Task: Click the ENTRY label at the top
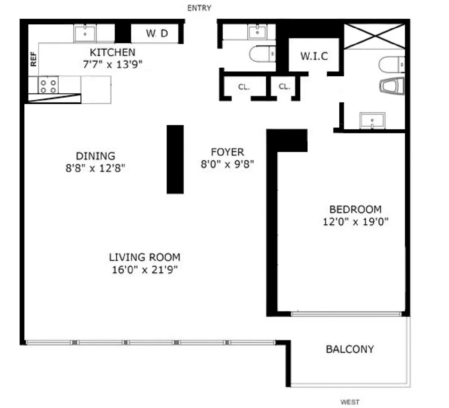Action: [199, 8]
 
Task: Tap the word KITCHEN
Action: [112, 52]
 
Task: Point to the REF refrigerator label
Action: [34, 59]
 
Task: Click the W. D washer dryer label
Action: [157, 34]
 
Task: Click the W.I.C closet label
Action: [314, 56]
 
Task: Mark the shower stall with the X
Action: [374, 36]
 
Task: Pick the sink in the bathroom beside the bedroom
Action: [372, 120]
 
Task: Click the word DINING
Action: [95, 156]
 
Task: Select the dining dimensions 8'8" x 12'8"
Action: [95, 168]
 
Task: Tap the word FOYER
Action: [227, 152]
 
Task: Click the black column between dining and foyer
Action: [175, 159]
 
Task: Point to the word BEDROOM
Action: [355, 209]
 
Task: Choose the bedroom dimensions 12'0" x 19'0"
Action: [355, 222]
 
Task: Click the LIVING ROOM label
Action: [144, 257]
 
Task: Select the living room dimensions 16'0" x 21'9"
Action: [144, 270]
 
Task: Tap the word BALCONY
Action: [350, 349]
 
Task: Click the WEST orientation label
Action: [350, 402]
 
